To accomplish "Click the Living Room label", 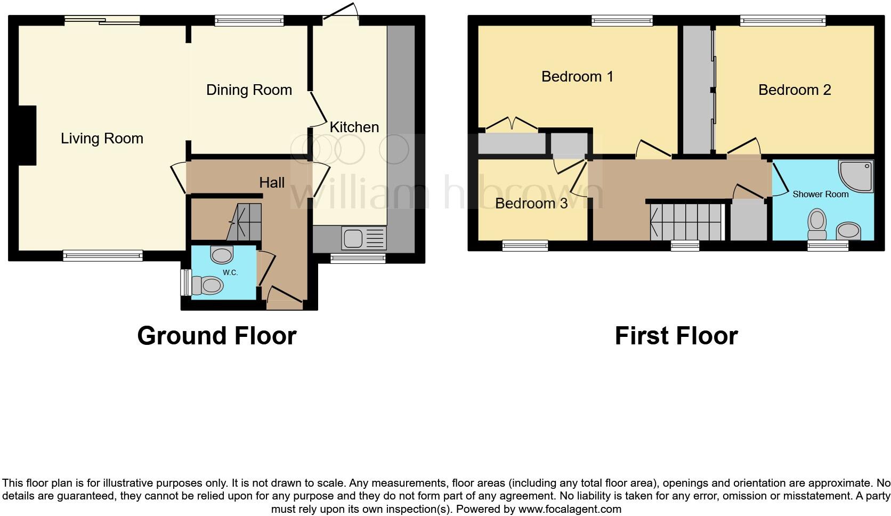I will [x=102, y=139].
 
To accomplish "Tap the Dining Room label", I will [x=249, y=90].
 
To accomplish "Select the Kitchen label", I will [x=354, y=127].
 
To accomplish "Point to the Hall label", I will [x=272, y=182].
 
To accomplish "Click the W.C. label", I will [x=230, y=272].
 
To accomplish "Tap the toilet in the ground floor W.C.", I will [x=206, y=286].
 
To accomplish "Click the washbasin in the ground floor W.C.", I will [x=222, y=254].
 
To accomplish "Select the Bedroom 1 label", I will [x=577, y=76].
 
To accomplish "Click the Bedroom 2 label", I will [x=795, y=90].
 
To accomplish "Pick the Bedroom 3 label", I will [x=531, y=203].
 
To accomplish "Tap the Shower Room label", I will [x=820, y=194].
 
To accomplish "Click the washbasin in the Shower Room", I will [x=848, y=231].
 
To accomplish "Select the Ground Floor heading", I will [x=216, y=336].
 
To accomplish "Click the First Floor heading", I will [x=676, y=336].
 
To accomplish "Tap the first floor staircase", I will [x=685, y=221].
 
